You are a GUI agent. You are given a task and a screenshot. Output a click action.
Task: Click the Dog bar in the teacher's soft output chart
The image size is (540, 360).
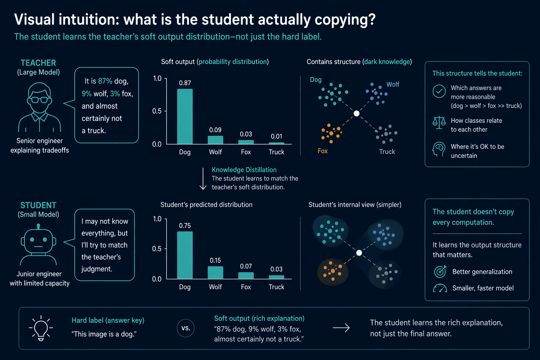(x=185, y=116)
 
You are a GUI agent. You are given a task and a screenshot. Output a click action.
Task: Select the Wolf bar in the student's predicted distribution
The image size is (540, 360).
(x=215, y=272)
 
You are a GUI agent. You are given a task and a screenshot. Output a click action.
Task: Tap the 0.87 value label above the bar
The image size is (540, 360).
(x=185, y=83)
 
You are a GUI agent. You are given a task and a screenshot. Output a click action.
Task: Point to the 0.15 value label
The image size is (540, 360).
(x=215, y=261)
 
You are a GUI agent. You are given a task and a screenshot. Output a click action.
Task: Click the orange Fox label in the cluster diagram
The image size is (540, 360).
(x=322, y=151)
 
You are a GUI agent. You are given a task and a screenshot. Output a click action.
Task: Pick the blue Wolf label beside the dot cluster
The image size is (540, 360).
(x=393, y=84)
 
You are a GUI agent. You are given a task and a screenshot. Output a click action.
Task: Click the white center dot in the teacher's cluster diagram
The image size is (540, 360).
(x=356, y=113)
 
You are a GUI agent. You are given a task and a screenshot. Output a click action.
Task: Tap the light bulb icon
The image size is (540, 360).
(x=41, y=328)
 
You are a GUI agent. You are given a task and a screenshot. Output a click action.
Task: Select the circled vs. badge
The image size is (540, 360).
(x=186, y=328)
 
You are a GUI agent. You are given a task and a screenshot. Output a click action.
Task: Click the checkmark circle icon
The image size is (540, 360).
(x=439, y=91)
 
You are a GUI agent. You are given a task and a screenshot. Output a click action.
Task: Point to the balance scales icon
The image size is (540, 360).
(x=439, y=122)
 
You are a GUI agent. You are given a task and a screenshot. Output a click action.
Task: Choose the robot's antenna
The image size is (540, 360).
(x=38, y=226)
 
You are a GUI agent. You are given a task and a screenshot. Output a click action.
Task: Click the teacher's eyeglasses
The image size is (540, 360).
(x=39, y=100)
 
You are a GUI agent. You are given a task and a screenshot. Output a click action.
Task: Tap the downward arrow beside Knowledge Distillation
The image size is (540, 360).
(x=203, y=179)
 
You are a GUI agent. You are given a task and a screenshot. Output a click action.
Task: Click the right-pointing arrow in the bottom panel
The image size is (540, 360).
(x=341, y=328)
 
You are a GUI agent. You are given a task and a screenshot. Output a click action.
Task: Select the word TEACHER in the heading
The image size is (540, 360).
(x=38, y=63)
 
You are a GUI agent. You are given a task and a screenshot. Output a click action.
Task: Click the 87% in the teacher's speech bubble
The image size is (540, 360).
(x=105, y=81)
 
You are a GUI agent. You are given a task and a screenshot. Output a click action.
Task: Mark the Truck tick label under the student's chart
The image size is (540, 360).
(x=277, y=287)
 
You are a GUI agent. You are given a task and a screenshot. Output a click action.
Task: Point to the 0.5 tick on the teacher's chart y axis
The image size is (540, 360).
(x=157, y=111)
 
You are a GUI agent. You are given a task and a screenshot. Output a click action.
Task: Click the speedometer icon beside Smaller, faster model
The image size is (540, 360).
(x=440, y=288)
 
